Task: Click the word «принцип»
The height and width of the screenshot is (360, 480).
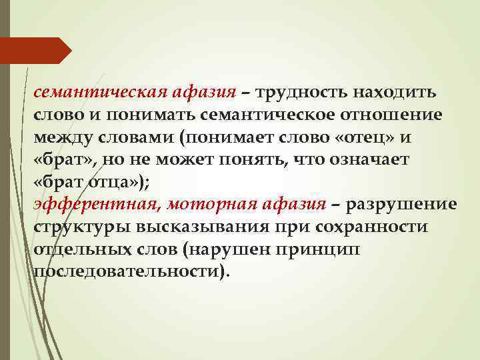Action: [334, 250]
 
